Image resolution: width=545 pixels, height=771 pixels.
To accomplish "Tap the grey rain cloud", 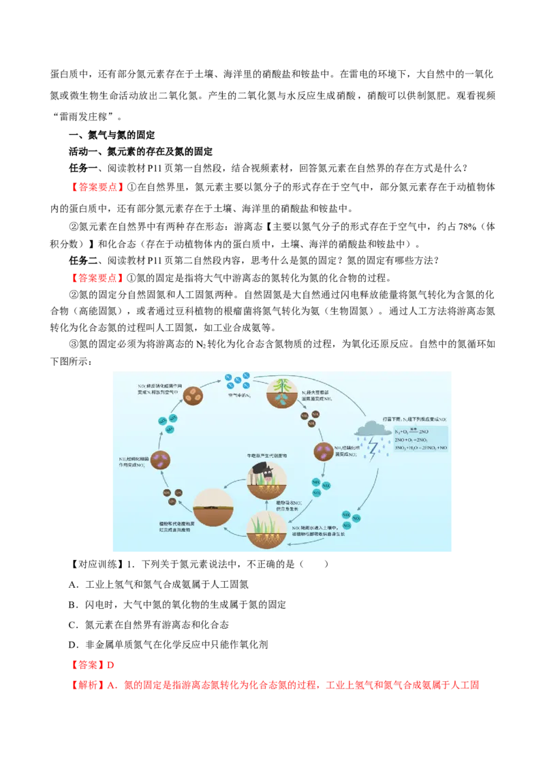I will tap(371, 429).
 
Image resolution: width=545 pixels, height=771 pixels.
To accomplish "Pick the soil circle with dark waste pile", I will tap(213, 507).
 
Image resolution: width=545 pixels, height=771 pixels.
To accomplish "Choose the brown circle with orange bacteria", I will tap(193, 396).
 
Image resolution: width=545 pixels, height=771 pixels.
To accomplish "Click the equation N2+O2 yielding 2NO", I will tap(411, 431).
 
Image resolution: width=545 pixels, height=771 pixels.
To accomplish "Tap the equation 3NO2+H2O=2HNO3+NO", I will tap(420, 449).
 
